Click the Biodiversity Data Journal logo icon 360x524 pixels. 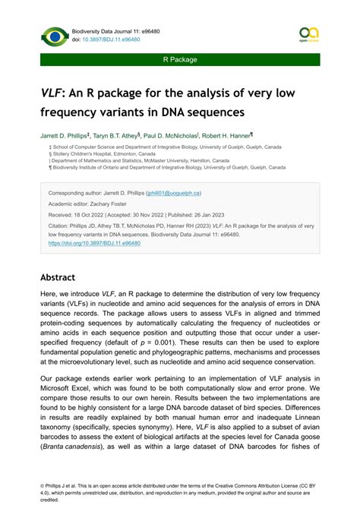(55, 36)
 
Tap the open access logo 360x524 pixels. (309, 35)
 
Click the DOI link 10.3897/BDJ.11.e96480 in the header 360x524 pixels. (112, 39)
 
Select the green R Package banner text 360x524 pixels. (180, 59)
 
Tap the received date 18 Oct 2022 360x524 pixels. (93, 215)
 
